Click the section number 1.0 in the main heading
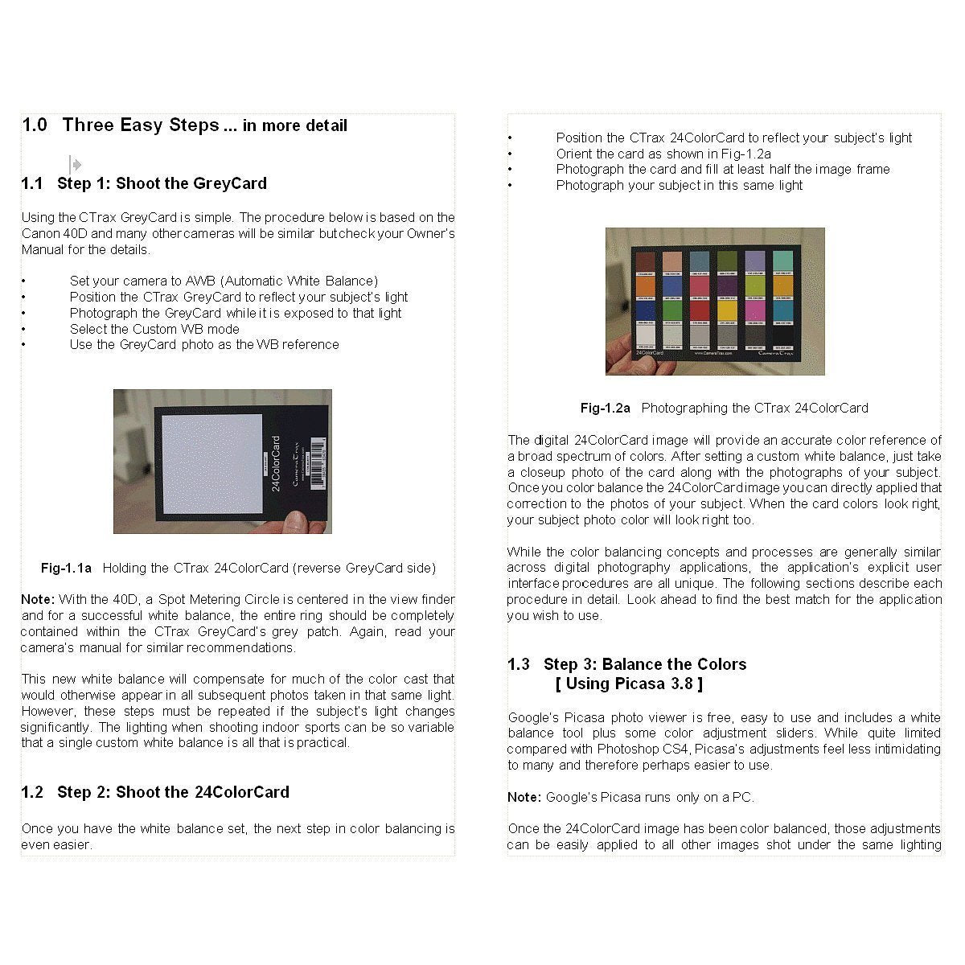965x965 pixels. pyautogui.click(x=35, y=125)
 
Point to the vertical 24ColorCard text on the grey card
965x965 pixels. pyautogui.click(x=276, y=464)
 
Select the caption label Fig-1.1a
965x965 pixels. pyautogui.click(x=66, y=568)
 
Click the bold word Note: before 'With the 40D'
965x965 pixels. pyautogui.click(x=38, y=599)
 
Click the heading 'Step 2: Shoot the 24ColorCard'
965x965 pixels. pyautogui.click(x=173, y=792)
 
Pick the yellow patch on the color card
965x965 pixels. pyautogui.click(x=727, y=310)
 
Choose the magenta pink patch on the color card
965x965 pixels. pyautogui.click(x=754, y=310)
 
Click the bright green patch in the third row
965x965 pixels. pyautogui.click(x=674, y=310)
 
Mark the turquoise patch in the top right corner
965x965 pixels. pyautogui.click(x=782, y=261)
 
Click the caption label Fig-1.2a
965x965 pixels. pyautogui.click(x=606, y=408)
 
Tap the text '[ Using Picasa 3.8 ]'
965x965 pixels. pyautogui.click(x=629, y=684)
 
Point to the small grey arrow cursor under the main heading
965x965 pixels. pyautogui.click(x=75, y=165)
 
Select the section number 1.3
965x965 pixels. pyautogui.click(x=519, y=664)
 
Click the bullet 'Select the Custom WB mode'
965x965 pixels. pyautogui.click(x=154, y=329)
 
